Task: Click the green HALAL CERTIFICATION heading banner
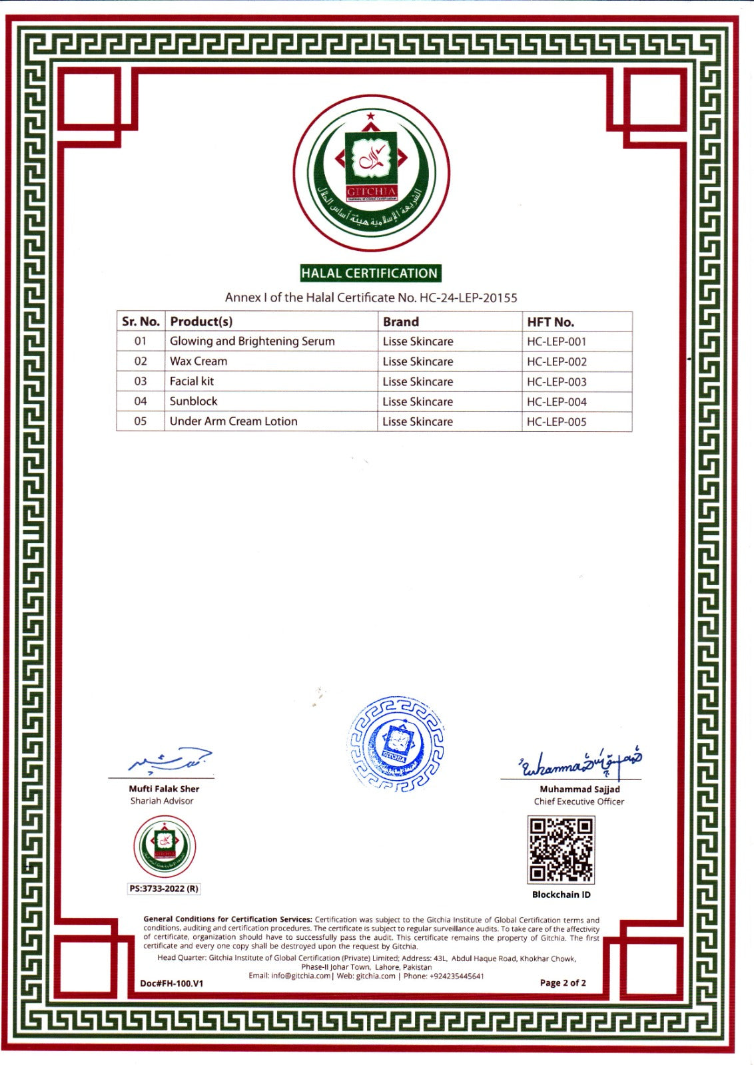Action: point(370,273)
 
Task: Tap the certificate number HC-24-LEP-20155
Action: point(468,298)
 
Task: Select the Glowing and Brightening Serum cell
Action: point(252,341)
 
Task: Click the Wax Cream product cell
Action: point(198,361)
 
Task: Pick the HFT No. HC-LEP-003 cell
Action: point(557,382)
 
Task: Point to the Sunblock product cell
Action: point(194,401)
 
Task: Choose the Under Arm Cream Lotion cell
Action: point(234,421)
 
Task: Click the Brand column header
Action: point(401,322)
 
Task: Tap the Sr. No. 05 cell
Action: point(141,421)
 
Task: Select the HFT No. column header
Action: point(550,322)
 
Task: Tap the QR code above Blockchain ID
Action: point(561,850)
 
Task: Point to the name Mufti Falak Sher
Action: point(164,789)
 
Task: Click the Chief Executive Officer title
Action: point(579,801)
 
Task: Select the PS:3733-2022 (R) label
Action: point(164,889)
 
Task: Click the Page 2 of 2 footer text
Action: point(563,983)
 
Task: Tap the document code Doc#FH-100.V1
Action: point(172,984)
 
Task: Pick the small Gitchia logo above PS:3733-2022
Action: point(165,846)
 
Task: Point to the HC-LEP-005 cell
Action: point(557,422)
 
